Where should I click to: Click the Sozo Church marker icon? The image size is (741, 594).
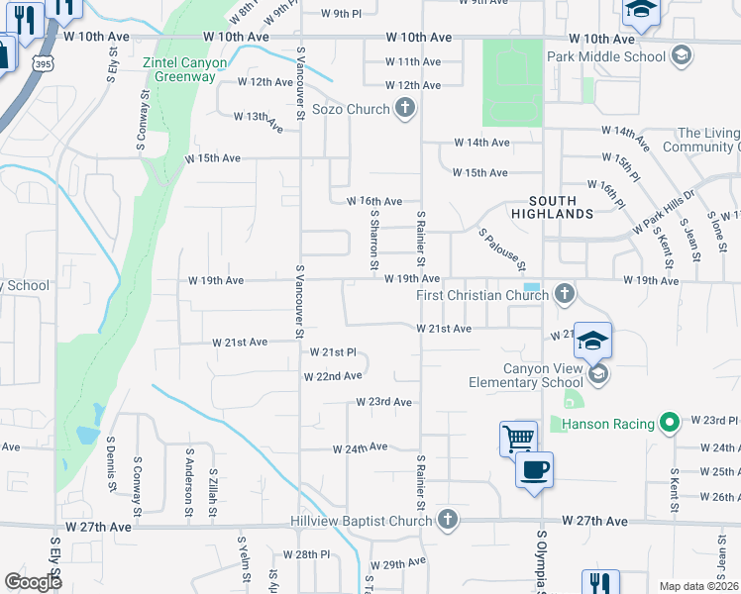[x=404, y=109]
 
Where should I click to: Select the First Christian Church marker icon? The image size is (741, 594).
[x=565, y=294]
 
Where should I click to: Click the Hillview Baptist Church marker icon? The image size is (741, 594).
[x=448, y=520]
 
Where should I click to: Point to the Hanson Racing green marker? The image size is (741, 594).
[x=670, y=424]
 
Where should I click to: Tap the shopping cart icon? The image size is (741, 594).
[x=519, y=438]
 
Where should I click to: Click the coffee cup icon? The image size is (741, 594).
[x=535, y=469]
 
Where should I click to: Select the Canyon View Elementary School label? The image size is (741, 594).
[x=543, y=376]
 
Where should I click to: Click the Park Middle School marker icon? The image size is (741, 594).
[x=681, y=56]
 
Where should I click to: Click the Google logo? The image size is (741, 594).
[x=33, y=581]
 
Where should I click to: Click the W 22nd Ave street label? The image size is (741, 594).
[x=333, y=376]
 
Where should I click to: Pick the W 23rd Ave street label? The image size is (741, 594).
[x=384, y=402]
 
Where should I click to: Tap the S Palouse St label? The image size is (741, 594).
[x=502, y=250]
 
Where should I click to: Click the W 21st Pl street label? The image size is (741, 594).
[x=333, y=352]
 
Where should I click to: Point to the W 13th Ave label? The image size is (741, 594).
[x=252, y=117]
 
